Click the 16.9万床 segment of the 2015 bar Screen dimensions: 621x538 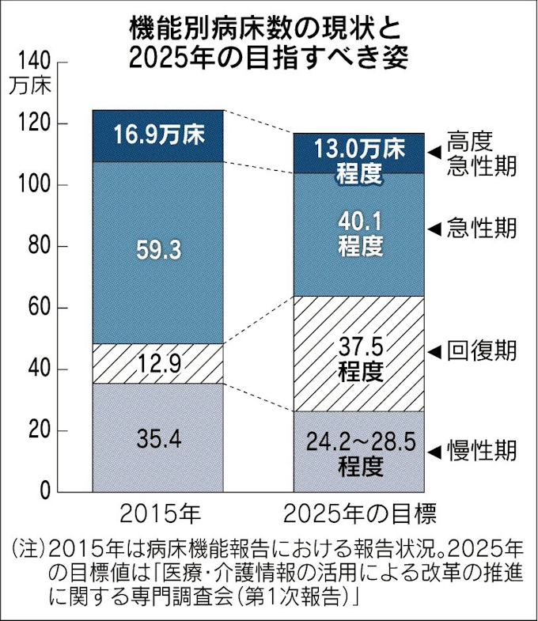(158, 135)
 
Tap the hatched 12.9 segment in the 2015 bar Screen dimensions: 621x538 (158, 364)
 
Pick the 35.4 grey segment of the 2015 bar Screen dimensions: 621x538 (158, 437)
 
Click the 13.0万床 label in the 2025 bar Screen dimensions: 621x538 (359, 148)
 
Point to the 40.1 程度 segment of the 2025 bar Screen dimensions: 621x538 (359, 233)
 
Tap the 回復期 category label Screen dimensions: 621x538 (480, 350)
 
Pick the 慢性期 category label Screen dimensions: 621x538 (480, 452)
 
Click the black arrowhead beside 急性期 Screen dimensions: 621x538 (434, 229)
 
